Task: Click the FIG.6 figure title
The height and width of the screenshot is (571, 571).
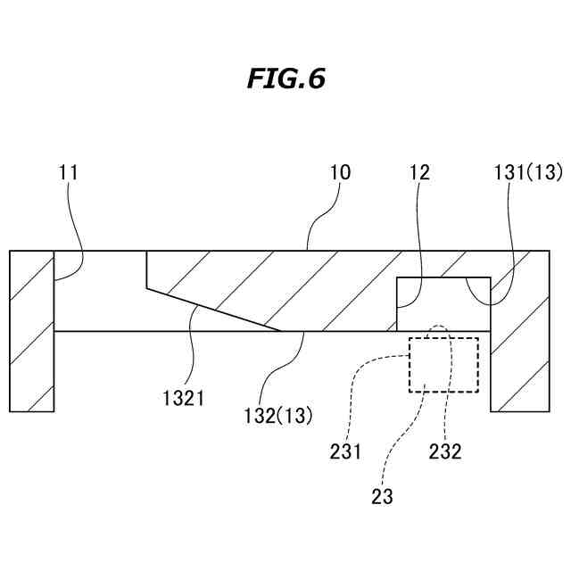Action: click(x=285, y=79)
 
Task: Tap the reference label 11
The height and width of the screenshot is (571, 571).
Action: click(x=69, y=172)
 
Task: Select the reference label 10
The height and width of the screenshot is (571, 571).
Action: click(x=340, y=172)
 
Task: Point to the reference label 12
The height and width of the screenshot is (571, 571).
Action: click(x=419, y=172)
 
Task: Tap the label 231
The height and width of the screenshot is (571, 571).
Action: click(x=344, y=451)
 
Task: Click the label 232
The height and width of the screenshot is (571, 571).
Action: click(x=444, y=451)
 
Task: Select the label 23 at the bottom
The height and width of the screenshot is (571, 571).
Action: click(x=382, y=496)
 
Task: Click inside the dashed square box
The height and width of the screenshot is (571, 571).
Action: click(x=443, y=364)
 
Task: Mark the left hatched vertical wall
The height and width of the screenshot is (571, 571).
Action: click(x=32, y=330)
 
